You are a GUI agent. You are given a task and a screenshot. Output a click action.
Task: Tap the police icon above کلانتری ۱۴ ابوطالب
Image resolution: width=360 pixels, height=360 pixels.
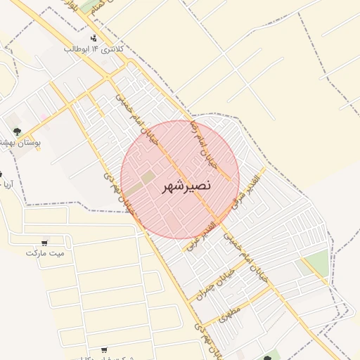pyautogui.click(x=94, y=38)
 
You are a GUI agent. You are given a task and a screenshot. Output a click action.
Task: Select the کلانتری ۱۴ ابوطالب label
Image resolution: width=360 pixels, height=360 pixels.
pyautogui.click(x=94, y=49)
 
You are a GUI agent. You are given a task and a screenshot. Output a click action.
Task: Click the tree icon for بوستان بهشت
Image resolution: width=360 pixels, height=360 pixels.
pyautogui.click(x=16, y=131)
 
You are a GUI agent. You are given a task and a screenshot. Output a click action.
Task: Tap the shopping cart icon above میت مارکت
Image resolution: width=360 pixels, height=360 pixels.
pyautogui.click(x=46, y=242)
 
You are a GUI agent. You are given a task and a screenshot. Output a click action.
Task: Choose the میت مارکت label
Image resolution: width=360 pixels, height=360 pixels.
pyautogui.click(x=45, y=252)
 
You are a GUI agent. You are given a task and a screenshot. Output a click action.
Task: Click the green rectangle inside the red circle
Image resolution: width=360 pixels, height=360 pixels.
pyautogui.click(x=148, y=179)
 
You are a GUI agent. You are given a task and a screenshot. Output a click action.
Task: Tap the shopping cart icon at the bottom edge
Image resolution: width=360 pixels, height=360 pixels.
pyautogui.click(x=104, y=350)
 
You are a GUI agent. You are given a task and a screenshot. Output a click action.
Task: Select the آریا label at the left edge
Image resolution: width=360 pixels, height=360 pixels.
pyautogui.click(x=5, y=185)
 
